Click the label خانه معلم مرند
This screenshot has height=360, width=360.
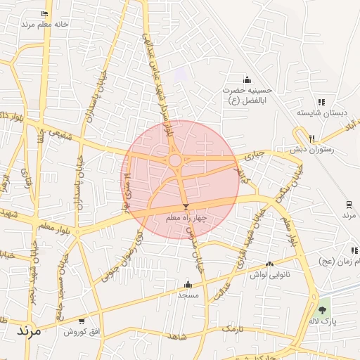[44, 24]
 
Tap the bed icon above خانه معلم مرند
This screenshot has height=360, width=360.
[45, 13]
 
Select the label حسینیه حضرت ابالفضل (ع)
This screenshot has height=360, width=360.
[247, 96]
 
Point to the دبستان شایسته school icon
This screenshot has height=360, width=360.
[321, 102]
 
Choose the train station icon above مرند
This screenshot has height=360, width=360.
[349, 205]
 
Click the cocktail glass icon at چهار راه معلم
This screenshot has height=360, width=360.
[186, 207]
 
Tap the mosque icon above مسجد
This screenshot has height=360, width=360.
[188, 285]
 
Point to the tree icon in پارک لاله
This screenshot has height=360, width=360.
[323, 310]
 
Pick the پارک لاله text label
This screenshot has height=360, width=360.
[323, 321]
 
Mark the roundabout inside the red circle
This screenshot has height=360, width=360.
[175, 161]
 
